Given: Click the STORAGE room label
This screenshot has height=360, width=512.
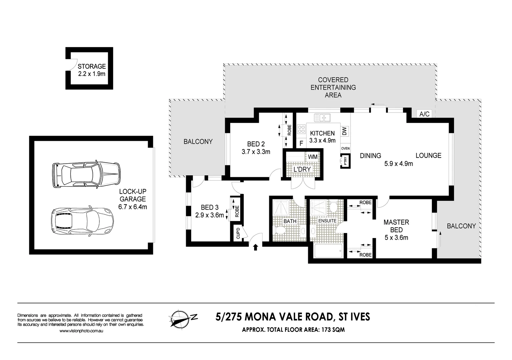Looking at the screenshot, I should coord(92,66).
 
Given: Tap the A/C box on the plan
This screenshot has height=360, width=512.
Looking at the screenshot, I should coord(424,114).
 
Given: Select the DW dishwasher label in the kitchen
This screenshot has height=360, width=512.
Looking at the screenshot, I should coord(345,131).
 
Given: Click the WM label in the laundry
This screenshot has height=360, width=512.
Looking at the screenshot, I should coord(313,157).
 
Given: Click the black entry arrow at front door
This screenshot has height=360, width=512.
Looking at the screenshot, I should coord(255,247).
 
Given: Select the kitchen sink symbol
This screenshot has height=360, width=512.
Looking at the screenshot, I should coord(322,118).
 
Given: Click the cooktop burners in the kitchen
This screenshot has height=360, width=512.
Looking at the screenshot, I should coord(301,129).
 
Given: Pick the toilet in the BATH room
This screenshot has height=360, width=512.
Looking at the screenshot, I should coord(280,230).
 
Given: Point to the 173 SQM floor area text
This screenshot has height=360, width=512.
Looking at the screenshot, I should coord(333,330).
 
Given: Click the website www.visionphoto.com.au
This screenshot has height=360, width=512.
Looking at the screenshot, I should coord(81,331).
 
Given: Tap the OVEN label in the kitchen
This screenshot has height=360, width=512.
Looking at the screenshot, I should coord(345,148).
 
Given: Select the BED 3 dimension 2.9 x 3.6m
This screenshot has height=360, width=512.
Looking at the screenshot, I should coord(209,215).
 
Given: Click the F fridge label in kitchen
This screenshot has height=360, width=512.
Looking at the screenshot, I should coord(301,144).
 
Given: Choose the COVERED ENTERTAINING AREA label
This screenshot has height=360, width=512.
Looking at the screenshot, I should coord(333,87).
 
